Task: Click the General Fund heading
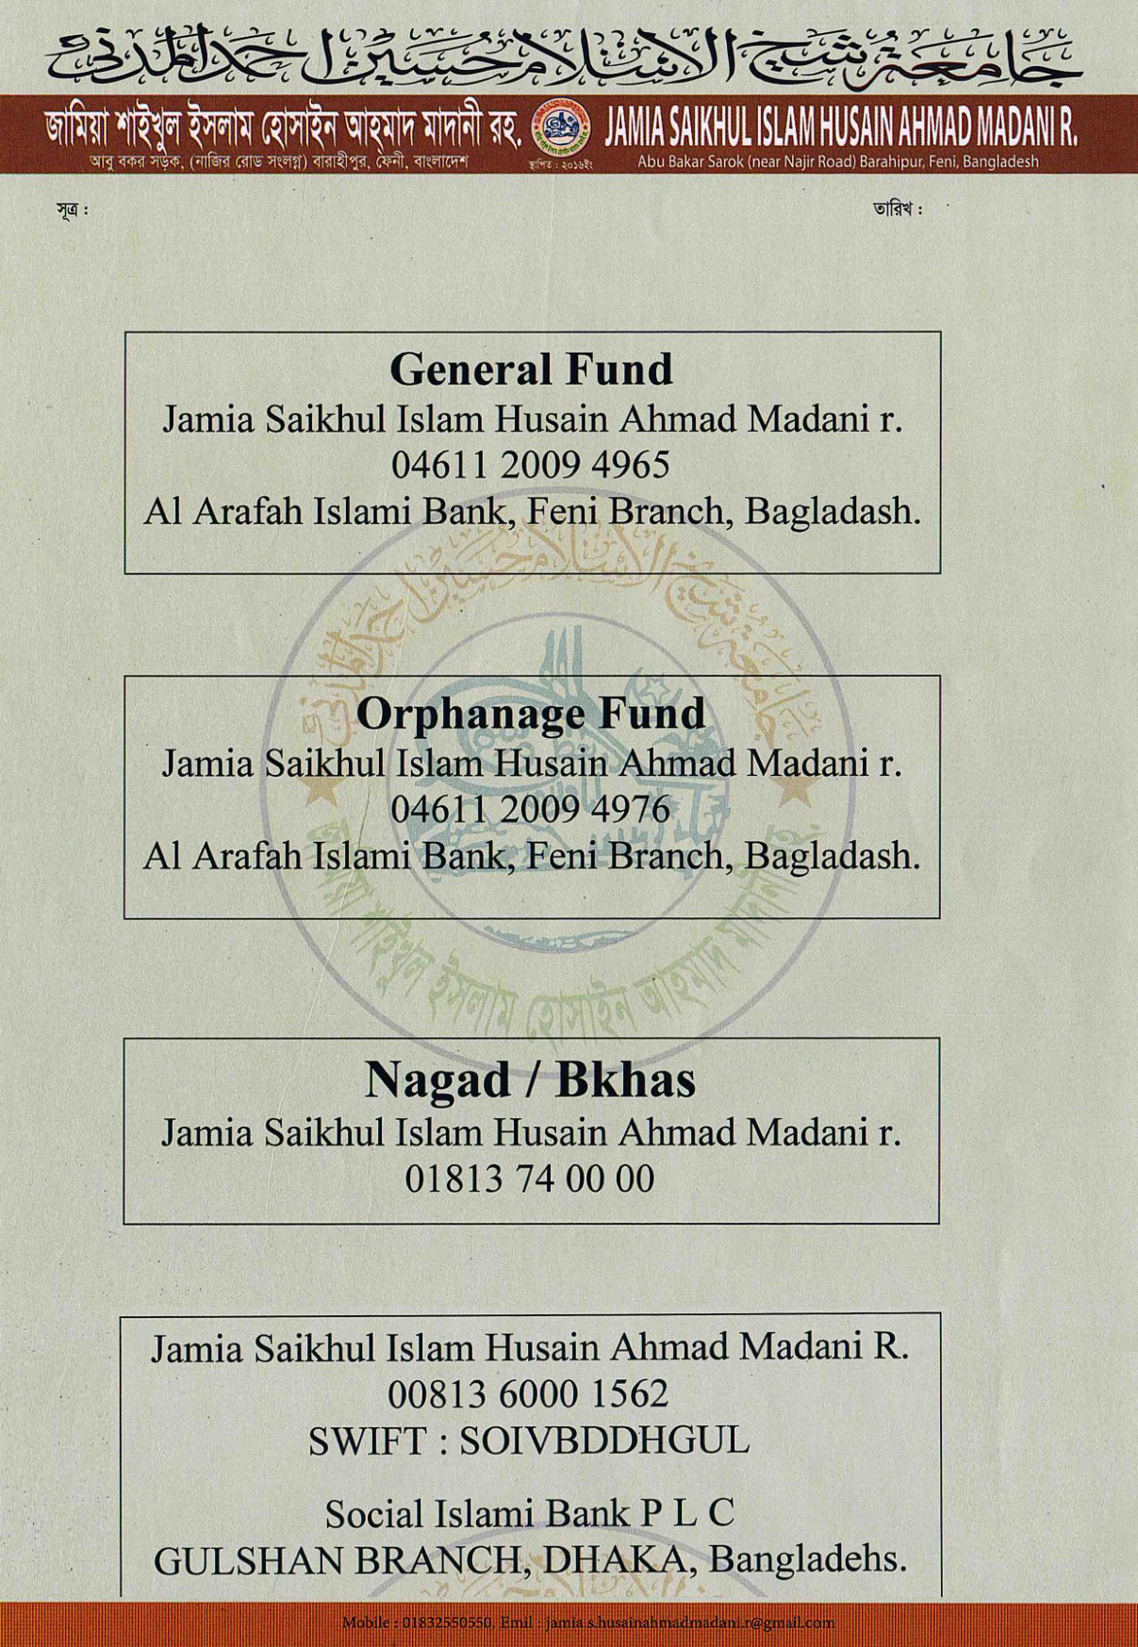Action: click(x=531, y=369)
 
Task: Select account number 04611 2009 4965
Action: click(x=531, y=465)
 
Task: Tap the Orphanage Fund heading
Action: click(x=531, y=713)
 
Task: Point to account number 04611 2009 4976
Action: click(x=531, y=809)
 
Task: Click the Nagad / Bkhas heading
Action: click(x=530, y=1079)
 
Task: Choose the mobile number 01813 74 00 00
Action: click(x=530, y=1178)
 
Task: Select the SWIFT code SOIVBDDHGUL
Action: click(x=604, y=1441)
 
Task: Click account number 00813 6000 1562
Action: click(x=528, y=1393)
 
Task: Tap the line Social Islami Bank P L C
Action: click(x=530, y=1513)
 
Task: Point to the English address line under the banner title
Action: click(x=838, y=161)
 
